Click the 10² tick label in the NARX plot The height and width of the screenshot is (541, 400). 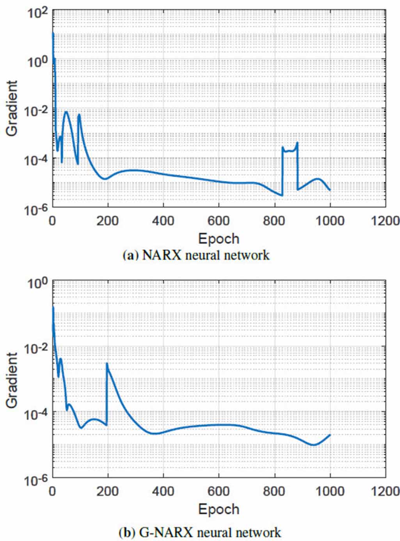(x=37, y=14)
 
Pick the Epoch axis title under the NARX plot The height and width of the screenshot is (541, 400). (x=219, y=238)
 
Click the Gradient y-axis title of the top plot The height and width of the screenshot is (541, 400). (x=12, y=108)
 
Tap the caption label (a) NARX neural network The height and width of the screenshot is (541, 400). (x=196, y=255)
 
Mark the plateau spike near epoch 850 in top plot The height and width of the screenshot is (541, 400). (x=290, y=150)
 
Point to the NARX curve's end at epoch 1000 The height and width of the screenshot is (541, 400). (x=330, y=190)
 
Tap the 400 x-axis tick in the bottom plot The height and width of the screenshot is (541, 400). (x=163, y=491)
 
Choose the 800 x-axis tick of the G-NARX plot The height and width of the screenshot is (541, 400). (x=274, y=491)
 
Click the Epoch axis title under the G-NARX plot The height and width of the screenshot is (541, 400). (x=219, y=509)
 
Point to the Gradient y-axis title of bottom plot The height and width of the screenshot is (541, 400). (x=12, y=380)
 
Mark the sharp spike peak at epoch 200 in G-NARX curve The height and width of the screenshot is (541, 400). (x=107, y=364)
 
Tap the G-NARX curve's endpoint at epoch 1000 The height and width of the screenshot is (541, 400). (x=330, y=435)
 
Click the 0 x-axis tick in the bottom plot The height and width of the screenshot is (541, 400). (x=52, y=491)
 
